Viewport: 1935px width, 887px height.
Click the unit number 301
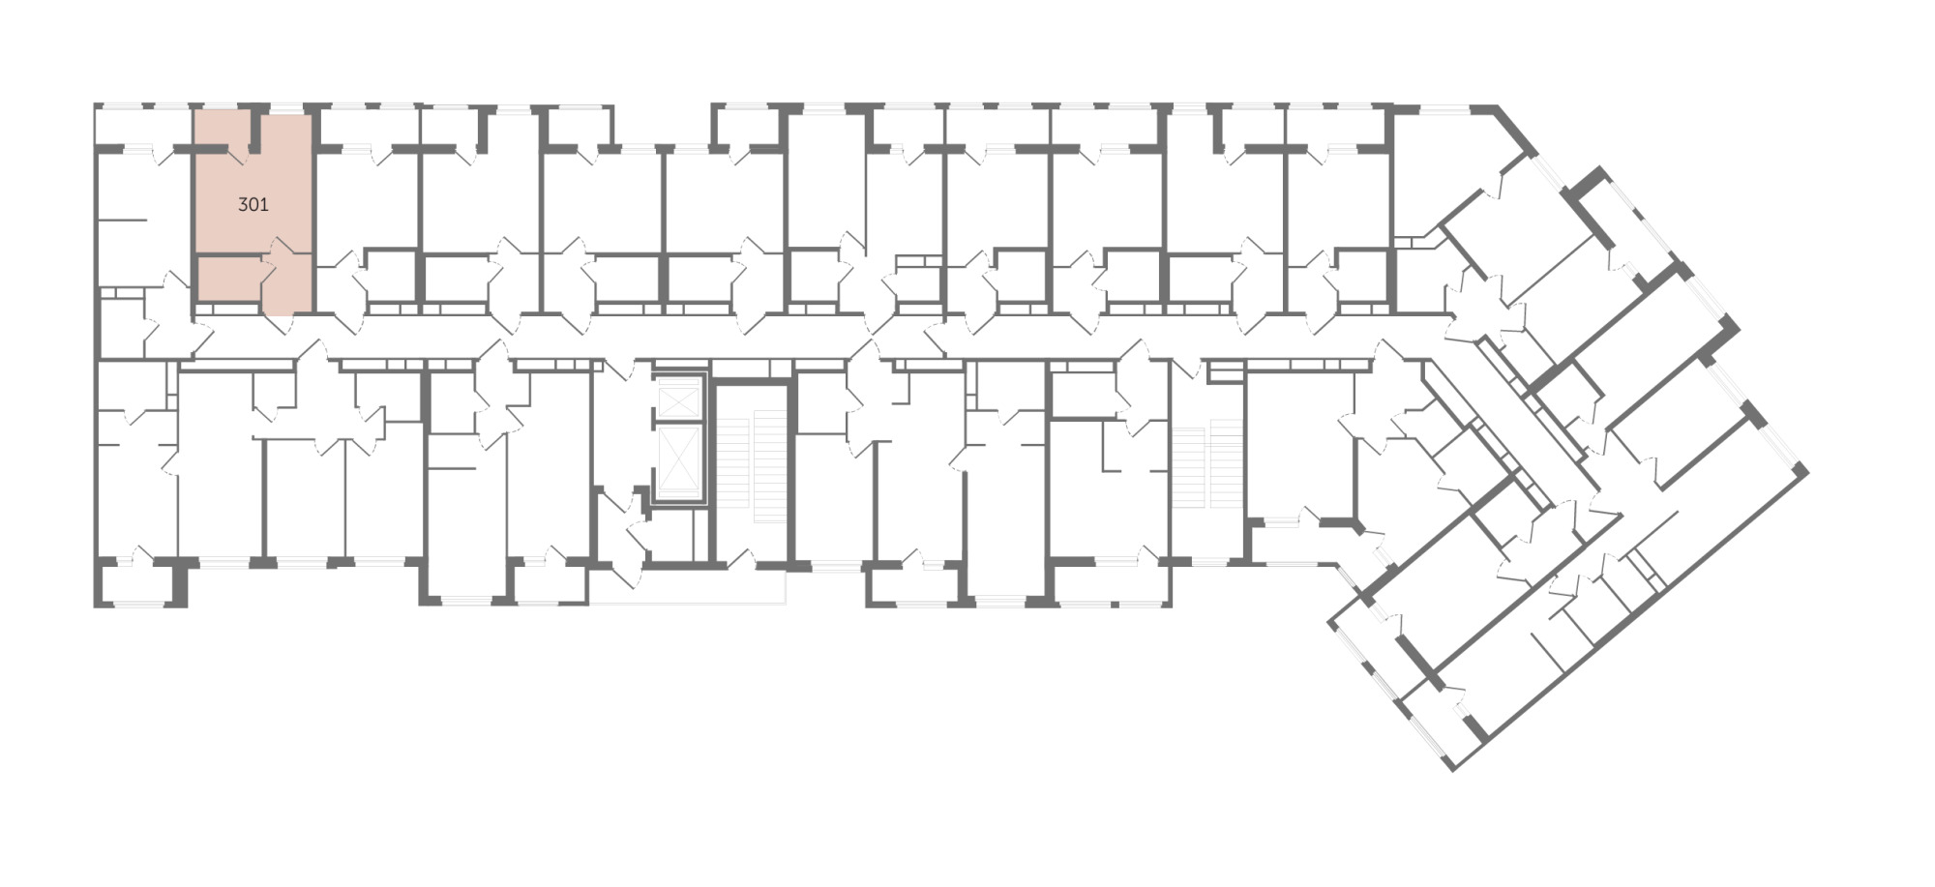[253, 205]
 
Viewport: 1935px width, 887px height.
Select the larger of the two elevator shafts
[678, 462]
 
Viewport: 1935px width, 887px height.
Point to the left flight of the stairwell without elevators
[1189, 463]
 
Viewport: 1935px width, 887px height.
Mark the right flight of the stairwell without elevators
[1226, 463]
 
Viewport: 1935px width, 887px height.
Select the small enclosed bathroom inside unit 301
[228, 280]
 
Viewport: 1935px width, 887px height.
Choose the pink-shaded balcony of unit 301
[223, 130]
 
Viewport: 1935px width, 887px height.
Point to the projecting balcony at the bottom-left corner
[139, 584]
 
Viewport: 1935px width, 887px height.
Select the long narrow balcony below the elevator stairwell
[687, 587]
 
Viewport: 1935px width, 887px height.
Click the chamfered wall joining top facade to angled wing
[1514, 130]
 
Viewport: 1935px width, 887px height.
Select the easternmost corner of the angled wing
[1806, 470]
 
